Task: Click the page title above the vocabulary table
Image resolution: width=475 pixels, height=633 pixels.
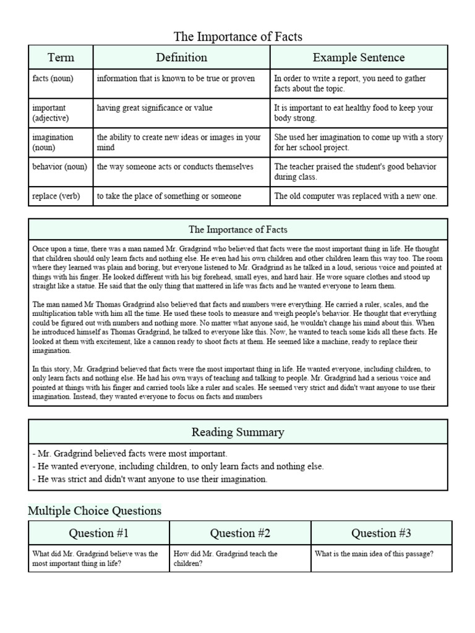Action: point(237,36)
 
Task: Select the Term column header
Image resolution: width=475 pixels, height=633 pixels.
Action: point(61,57)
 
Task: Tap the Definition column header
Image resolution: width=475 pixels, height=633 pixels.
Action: point(181,57)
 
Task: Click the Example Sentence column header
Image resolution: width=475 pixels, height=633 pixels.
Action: point(359,57)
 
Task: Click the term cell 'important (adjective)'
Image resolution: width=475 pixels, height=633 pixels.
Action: point(51,113)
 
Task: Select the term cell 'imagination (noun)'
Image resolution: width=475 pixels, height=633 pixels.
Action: point(53,142)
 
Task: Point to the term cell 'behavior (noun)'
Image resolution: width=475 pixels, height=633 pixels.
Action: point(60,167)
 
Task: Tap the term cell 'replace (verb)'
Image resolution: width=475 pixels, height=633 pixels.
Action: point(56,196)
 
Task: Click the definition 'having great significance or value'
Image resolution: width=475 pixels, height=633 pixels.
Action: point(155,108)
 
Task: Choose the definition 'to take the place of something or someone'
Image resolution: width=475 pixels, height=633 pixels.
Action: point(169,196)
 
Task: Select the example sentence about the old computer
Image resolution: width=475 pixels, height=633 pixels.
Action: point(356,196)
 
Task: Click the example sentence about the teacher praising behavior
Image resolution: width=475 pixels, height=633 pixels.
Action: point(355,171)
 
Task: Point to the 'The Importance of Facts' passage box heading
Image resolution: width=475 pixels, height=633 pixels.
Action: point(237,229)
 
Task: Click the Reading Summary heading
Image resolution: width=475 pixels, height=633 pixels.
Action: point(237,432)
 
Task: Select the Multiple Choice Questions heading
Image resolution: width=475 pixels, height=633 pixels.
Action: point(95,511)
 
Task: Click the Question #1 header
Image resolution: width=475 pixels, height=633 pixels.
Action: point(99,533)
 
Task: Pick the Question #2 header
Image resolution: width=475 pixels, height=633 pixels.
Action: point(240,533)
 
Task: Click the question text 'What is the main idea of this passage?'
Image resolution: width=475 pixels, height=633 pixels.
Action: point(374,554)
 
